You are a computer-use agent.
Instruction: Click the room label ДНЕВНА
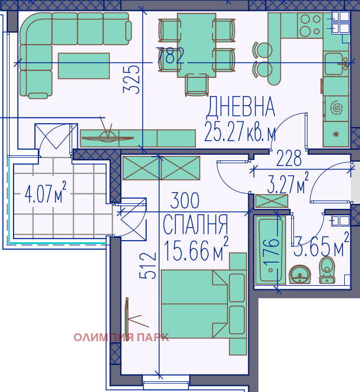[240, 107]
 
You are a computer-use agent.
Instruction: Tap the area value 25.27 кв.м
[240, 133]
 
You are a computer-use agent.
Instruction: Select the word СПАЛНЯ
[195, 224]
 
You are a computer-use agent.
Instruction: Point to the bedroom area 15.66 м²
[196, 249]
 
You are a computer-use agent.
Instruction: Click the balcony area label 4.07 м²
[46, 195]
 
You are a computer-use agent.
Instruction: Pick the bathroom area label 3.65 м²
[319, 247]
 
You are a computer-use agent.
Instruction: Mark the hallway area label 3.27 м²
[287, 185]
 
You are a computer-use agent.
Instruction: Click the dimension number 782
[170, 56]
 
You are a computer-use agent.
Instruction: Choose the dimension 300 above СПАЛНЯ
[185, 201]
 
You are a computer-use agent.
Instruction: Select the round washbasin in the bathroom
[300, 275]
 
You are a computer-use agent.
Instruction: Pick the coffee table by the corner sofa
[84, 66]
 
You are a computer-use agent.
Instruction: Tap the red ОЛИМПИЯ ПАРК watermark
[121, 338]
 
